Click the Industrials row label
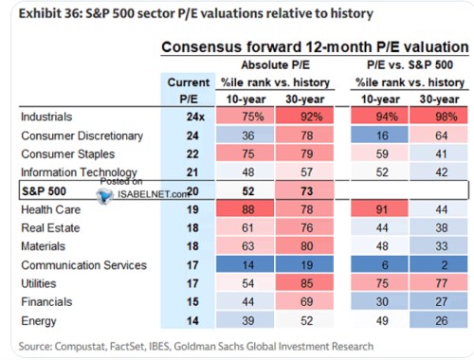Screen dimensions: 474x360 pyautogui.click(x=46, y=117)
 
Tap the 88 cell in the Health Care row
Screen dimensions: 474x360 pyautogui.click(x=245, y=209)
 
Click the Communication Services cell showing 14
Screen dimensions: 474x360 pyautogui.click(x=245, y=265)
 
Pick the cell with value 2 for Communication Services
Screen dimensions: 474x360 pyautogui.click(x=438, y=265)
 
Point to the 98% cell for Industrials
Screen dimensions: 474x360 pyautogui.click(x=438, y=117)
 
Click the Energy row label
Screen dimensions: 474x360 pyautogui.click(x=39, y=321)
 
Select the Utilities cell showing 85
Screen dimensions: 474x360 pyautogui.click(x=304, y=283)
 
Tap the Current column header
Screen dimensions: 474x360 pyautogui.click(x=189, y=82)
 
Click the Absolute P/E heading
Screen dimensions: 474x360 pyautogui.click(x=275, y=65)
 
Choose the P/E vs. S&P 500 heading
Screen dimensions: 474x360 pyautogui.click(x=410, y=65)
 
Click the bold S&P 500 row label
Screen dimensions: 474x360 pyautogui.click(x=44, y=191)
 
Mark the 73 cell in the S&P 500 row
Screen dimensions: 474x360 pyautogui.click(x=304, y=190)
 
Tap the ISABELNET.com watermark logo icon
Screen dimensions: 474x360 pyautogui.click(x=104, y=195)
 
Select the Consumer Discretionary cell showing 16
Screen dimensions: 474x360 pyautogui.click(x=379, y=135)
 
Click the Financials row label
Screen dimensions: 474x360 pyautogui.click(x=46, y=302)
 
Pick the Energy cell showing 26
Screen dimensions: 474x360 pyautogui.click(x=438, y=320)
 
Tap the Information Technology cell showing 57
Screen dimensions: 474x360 pyautogui.click(x=304, y=172)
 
